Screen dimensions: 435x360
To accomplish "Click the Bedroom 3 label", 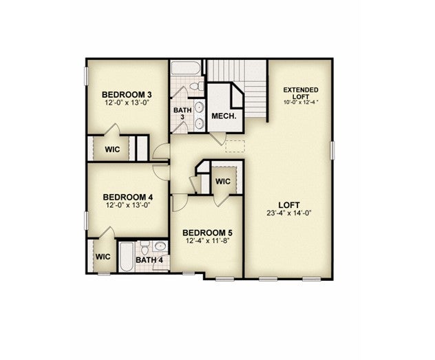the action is click(127, 94).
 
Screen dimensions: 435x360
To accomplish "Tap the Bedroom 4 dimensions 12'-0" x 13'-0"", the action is click(128, 205).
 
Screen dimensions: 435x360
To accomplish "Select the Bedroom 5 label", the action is click(207, 233).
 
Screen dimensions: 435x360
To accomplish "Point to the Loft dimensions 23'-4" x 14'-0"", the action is click(289, 213).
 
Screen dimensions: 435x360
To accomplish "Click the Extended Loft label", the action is click(301, 93).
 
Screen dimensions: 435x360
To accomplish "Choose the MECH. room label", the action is click(224, 116).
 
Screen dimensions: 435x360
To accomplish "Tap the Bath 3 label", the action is click(182, 114).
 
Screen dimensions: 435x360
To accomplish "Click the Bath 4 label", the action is click(149, 260).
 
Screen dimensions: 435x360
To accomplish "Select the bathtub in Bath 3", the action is click(185, 67).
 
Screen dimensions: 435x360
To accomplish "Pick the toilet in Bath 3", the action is click(197, 86).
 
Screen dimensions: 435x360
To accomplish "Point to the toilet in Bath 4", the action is click(145, 247).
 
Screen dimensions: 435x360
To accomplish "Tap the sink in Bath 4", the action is click(160, 246).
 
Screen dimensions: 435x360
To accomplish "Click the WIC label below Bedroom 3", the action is click(112, 149).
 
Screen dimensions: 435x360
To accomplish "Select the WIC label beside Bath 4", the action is click(103, 257).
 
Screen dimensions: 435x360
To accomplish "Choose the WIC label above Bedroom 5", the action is click(223, 182).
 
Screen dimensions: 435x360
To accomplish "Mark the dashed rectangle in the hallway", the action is click(235, 146).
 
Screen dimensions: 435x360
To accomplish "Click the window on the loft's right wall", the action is click(332, 150).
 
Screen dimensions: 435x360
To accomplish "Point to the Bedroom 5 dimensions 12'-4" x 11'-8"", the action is click(207, 240).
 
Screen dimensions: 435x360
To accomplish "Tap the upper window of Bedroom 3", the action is click(86, 76).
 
